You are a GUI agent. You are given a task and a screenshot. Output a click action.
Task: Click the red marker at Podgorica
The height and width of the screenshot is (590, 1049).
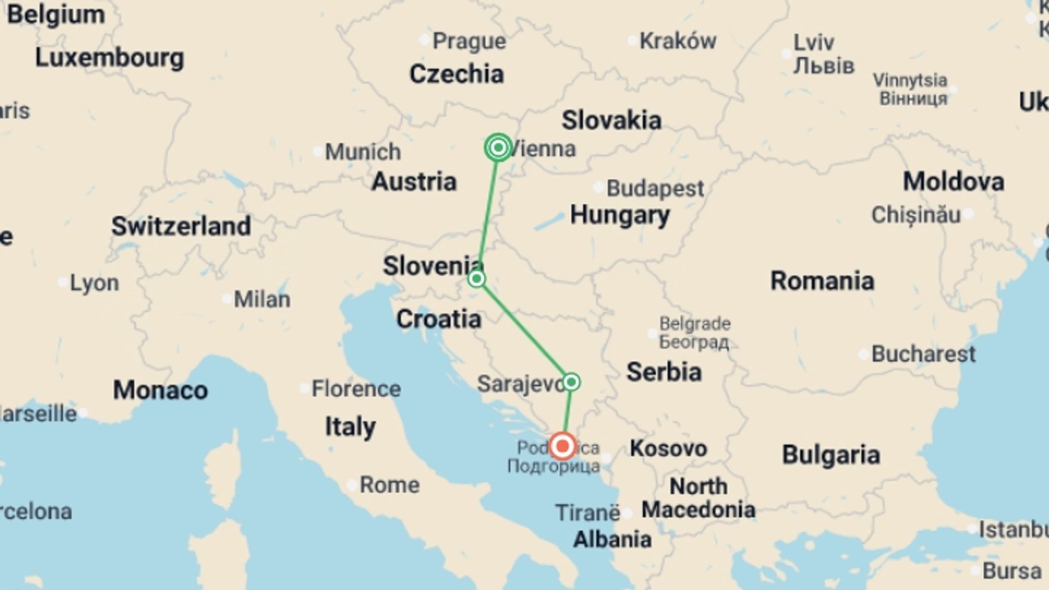[562, 446]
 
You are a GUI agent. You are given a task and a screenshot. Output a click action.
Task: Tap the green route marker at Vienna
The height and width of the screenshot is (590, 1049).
[498, 147]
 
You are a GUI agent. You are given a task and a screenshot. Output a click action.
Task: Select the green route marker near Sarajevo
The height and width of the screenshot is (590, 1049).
[571, 382]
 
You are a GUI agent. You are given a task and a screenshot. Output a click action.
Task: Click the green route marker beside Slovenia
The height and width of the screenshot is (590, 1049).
[476, 279]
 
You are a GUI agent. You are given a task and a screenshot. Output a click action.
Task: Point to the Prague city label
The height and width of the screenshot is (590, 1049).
[469, 41]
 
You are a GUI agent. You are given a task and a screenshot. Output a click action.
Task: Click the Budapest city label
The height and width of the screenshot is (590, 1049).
[655, 188]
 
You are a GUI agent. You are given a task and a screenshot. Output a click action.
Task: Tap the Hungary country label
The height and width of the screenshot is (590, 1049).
[620, 215]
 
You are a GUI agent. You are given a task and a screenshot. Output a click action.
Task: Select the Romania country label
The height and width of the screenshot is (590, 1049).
[822, 281]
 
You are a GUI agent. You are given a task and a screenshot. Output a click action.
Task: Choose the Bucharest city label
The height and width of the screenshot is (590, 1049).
[923, 354]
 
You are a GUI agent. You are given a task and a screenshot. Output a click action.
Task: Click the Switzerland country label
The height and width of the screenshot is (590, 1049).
[181, 226]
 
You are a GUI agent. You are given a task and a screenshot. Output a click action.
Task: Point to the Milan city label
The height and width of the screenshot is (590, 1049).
[262, 299]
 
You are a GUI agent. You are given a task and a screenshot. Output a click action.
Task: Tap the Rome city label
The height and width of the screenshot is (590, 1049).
[389, 485]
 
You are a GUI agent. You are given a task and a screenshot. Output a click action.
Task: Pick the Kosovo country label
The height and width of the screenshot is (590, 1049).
[668, 449]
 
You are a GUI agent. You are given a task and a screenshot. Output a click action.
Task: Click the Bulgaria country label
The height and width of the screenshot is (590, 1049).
[830, 455]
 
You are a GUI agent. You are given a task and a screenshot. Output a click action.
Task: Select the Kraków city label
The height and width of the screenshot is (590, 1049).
[677, 41]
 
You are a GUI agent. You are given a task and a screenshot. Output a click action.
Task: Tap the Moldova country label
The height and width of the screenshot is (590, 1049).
[953, 181]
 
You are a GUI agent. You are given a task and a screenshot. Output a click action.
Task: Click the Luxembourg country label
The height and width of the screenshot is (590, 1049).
[109, 58]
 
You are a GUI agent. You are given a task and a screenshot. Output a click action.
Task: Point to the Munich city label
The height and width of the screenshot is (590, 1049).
[362, 151]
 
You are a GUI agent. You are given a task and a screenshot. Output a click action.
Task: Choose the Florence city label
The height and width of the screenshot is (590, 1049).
[356, 389]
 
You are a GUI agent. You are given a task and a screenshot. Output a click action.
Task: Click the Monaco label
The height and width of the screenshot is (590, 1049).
[160, 390]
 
